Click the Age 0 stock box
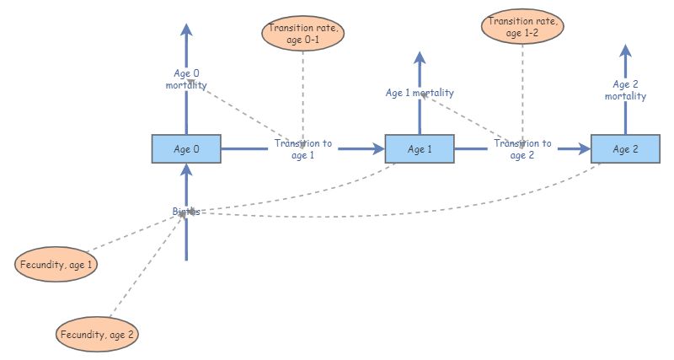click(186, 149)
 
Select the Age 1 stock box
click(420, 149)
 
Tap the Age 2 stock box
click(625, 149)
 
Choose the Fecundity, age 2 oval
click(97, 335)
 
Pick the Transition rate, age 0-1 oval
click(304, 34)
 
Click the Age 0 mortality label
click(186, 79)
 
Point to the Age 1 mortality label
click(420, 93)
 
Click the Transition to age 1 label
click(303, 149)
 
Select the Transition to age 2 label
click(522, 149)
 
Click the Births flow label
click(186, 212)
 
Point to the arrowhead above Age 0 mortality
click(186, 30)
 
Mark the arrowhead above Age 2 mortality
click(625, 51)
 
